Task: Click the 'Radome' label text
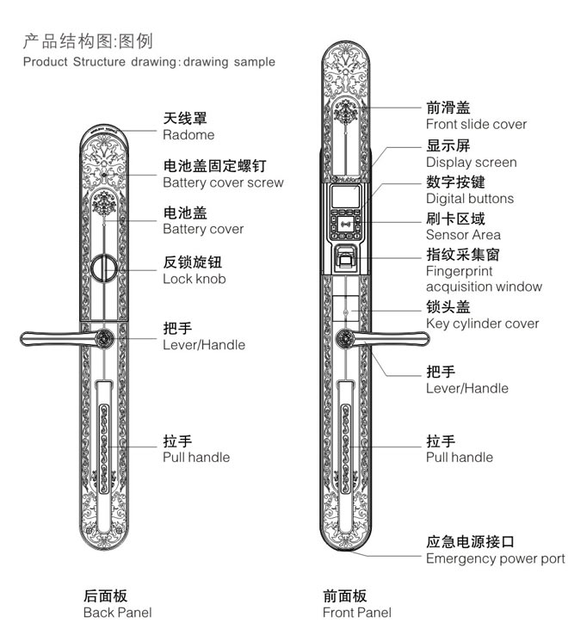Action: click(x=188, y=134)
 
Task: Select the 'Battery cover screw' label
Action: click(x=223, y=182)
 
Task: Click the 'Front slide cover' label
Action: click(x=476, y=124)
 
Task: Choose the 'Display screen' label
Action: click(x=471, y=162)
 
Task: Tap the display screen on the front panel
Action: click(x=347, y=196)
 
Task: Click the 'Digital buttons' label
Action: click(x=469, y=198)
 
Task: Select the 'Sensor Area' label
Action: click(x=463, y=234)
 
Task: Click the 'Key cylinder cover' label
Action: click(x=482, y=324)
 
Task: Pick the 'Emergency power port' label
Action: click(x=495, y=558)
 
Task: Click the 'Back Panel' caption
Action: click(x=117, y=613)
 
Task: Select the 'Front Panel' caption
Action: click(x=356, y=613)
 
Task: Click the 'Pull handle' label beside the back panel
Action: click(x=196, y=457)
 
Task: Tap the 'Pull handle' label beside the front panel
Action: click(x=460, y=457)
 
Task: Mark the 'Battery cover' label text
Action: click(x=203, y=229)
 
